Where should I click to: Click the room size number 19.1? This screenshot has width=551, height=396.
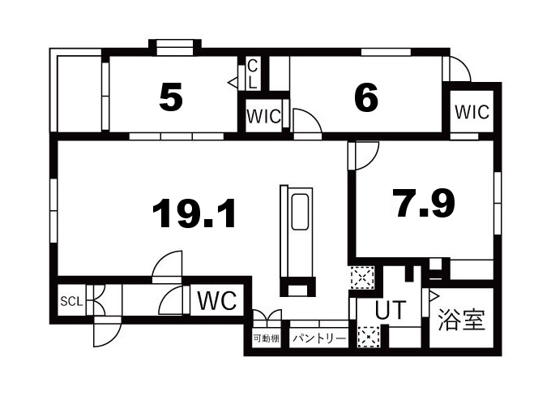tap(194, 214)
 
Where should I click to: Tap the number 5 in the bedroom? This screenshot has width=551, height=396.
tap(170, 98)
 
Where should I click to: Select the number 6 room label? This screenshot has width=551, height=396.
tap(366, 98)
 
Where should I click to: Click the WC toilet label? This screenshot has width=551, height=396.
tap(216, 301)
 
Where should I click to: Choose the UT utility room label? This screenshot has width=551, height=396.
tap(391, 310)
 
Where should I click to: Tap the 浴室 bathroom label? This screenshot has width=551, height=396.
tap(462, 318)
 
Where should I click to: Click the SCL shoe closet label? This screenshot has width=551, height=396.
tap(71, 302)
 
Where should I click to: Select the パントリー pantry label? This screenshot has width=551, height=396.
tap(318, 338)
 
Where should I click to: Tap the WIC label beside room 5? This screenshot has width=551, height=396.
tap(263, 116)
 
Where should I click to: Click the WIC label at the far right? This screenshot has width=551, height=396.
tap(472, 112)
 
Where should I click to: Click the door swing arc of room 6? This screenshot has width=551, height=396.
tap(307, 122)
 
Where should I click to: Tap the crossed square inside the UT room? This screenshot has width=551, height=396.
tap(369, 335)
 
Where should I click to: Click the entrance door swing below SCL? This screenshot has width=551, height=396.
tap(105, 333)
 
